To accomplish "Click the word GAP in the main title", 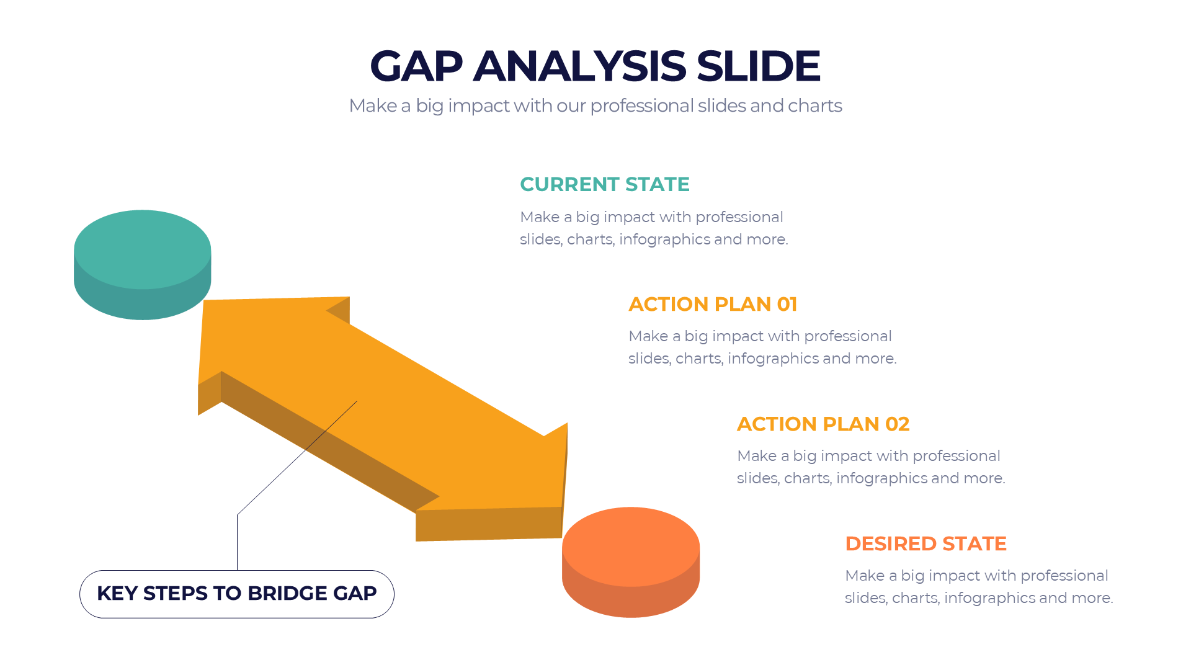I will pyautogui.click(x=416, y=66).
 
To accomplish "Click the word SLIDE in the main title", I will pyautogui.click(x=758, y=66).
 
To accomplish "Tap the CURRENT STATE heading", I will pyautogui.click(x=604, y=184).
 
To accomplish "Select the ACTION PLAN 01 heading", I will pyautogui.click(x=712, y=304).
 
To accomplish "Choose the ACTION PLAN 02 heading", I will pyautogui.click(x=823, y=424).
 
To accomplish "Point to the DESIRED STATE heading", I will pyautogui.click(x=925, y=543).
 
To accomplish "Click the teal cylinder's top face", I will pyautogui.click(x=142, y=248).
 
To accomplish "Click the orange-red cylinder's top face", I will pyautogui.click(x=630, y=546).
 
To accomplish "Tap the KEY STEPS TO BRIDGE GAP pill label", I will pyautogui.click(x=236, y=594).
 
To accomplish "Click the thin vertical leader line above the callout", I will pyautogui.click(x=237, y=543).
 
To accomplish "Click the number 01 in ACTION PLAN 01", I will pyautogui.click(x=787, y=304).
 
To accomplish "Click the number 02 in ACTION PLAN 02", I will pyautogui.click(x=897, y=424).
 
